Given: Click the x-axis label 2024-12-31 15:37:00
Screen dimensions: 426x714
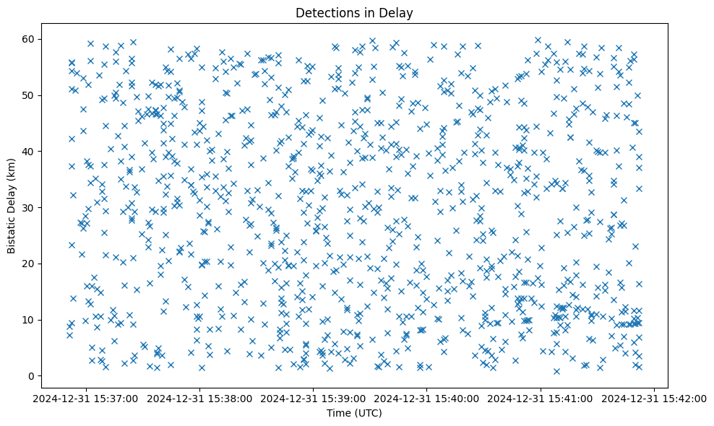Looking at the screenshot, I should (x=86, y=398).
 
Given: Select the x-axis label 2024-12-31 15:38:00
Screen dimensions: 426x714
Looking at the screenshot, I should (x=200, y=398).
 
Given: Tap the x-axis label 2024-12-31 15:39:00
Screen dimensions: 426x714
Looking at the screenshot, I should (x=314, y=398).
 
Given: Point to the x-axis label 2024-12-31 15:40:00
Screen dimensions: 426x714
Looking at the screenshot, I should (x=427, y=398).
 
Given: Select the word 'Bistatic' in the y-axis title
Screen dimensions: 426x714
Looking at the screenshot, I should (x=12, y=230).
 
